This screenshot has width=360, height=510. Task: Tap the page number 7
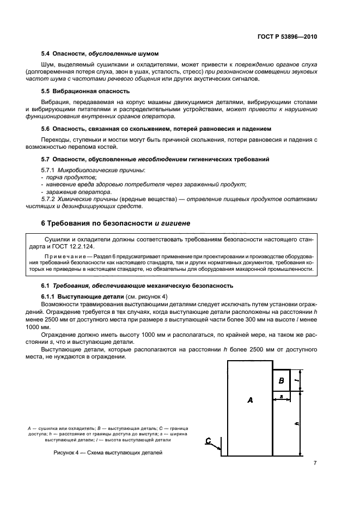[315, 463]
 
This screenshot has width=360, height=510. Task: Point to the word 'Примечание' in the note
[67, 256]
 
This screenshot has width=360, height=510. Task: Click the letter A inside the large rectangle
[250, 400]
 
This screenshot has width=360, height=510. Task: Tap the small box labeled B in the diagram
[281, 380]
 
